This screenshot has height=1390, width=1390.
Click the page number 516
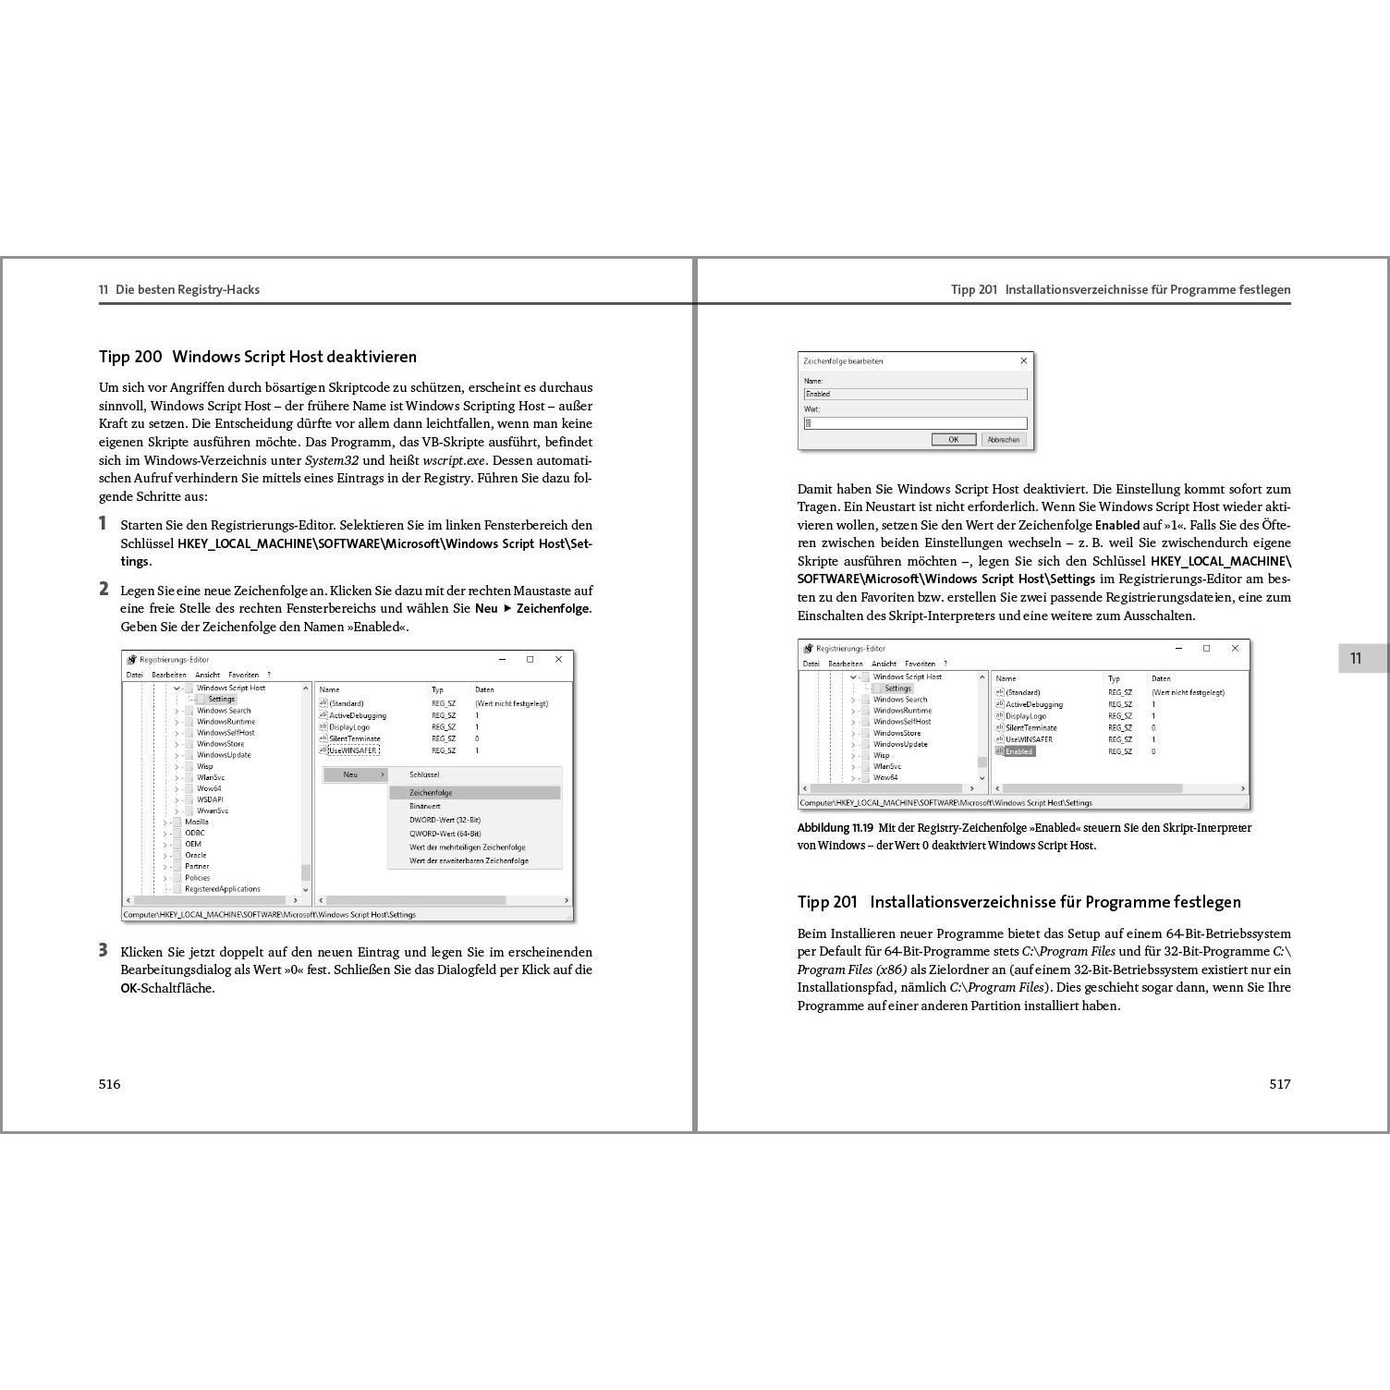(109, 1084)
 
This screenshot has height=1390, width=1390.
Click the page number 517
(1279, 1084)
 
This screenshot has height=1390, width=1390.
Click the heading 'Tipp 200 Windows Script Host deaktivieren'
(258, 357)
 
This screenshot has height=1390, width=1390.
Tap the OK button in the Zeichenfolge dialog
(954, 440)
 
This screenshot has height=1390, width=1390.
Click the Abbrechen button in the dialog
(1004, 440)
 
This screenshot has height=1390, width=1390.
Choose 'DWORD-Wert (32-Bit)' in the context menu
(445, 820)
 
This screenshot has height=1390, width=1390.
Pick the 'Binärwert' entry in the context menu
(425, 806)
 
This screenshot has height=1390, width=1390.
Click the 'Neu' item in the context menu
(351, 774)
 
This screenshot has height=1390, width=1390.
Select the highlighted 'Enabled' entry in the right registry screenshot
(1018, 751)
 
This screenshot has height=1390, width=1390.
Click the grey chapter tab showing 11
(1355, 658)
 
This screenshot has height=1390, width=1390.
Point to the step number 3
(104, 951)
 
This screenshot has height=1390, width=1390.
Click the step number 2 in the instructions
(104, 590)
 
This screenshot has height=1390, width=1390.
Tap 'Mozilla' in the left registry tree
(197, 822)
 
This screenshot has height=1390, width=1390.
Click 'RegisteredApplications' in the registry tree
(222, 889)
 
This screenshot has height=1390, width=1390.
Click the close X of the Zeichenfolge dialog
(1023, 360)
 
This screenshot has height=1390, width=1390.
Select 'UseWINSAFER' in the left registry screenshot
(353, 750)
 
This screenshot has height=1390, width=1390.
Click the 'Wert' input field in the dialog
(915, 423)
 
